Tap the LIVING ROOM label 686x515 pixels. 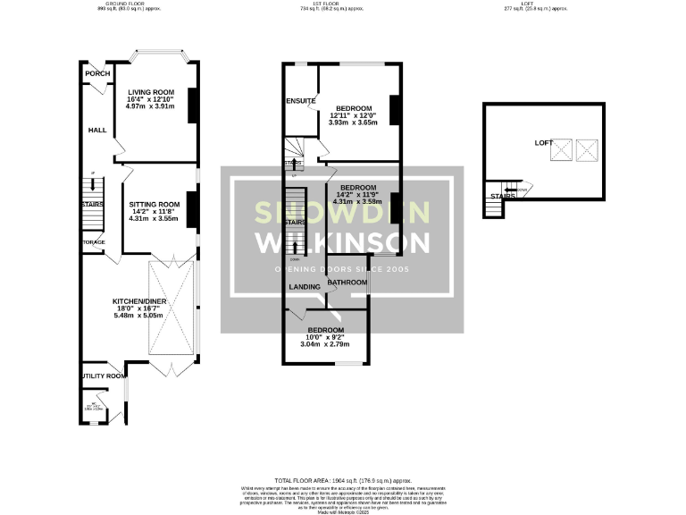click(x=150, y=92)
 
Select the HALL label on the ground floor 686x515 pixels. click(x=97, y=131)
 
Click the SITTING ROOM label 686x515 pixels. click(x=154, y=204)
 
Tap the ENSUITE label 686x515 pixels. click(x=301, y=101)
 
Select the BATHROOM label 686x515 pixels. click(x=347, y=283)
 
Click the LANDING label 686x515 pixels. click(x=305, y=286)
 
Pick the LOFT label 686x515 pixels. click(x=544, y=143)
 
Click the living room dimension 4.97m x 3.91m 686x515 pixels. click(x=150, y=106)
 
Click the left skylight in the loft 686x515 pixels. click(x=562, y=150)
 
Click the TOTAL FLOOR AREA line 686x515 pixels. click(x=343, y=480)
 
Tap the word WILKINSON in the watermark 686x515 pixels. click(x=343, y=242)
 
